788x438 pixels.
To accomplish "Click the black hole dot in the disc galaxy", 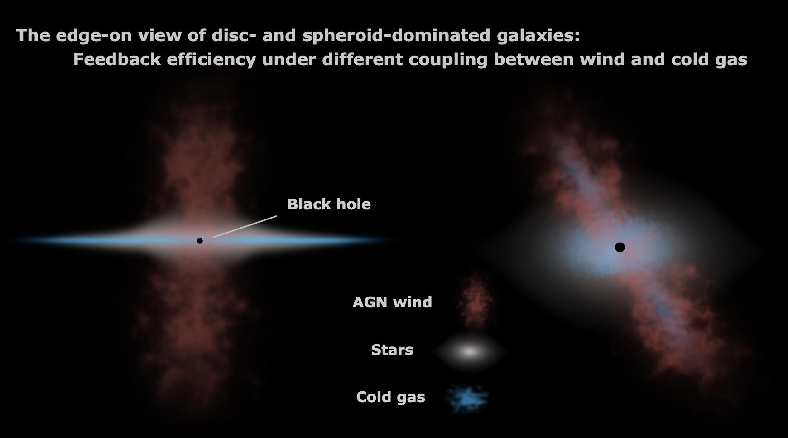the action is pos(200,241).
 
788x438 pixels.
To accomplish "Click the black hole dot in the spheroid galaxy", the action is pos(620,247).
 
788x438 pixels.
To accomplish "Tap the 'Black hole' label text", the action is pos(329,204).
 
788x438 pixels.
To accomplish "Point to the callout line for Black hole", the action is pos(245,227).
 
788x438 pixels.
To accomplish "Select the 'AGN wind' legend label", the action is pos(392,302).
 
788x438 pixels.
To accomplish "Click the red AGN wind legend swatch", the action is pos(475,300).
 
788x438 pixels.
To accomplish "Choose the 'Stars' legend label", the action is pos(392,350).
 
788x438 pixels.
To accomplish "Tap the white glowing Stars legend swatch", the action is pos(470,351).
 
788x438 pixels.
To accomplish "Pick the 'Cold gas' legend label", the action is pos(391,397).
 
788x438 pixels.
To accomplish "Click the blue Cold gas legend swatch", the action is pos(466,399).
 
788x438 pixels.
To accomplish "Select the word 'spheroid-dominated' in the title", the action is pos(396,35).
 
